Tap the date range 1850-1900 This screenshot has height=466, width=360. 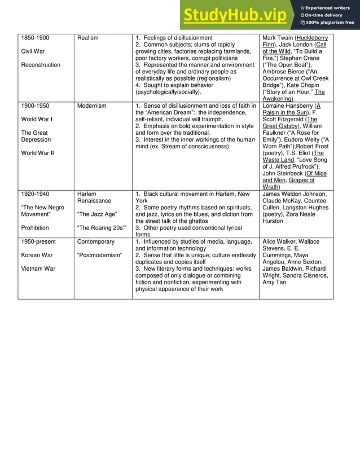point(35,38)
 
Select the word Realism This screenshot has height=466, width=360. point(87,38)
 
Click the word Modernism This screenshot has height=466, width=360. point(91,105)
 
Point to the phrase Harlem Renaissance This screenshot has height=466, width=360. point(94,197)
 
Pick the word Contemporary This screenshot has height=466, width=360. point(96,241)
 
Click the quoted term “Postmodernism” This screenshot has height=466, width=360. point(99,255)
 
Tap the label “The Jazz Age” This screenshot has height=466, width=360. point(96,214)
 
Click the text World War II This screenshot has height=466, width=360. point(38,153)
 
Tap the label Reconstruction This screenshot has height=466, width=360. point(41,65)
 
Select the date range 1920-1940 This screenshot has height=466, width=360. point(35,194)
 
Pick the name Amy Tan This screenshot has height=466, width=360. point(274,282)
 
